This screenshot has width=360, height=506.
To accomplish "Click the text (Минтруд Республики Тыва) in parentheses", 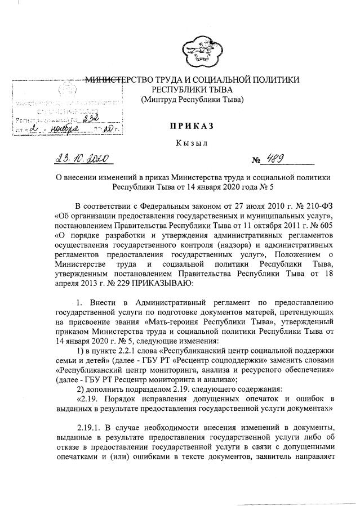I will click(x=192, y=100).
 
